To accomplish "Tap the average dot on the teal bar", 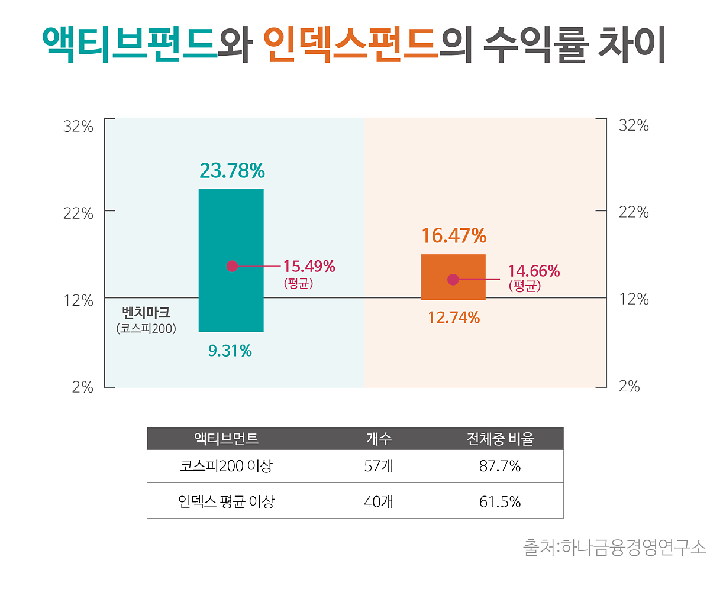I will coord(232,266).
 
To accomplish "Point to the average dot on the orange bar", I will coord(453,280).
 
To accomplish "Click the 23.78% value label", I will coord(232,171).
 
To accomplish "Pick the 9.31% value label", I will coord(230,351).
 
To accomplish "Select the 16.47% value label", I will coord(454,236).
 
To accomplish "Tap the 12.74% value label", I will coord(454,318).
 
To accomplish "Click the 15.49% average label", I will coord(309,267).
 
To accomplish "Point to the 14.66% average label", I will coord(534,271).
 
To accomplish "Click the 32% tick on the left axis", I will coord(78,126).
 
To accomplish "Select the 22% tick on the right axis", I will coord(634,212).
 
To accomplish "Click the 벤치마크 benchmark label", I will coord(146,312).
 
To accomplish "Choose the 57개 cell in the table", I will coord(379,467).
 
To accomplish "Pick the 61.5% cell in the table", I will coord(500,502).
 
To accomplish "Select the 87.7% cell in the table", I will coord(500,467).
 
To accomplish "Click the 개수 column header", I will coord(379,439).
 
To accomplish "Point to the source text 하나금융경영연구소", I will coord(633,548).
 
